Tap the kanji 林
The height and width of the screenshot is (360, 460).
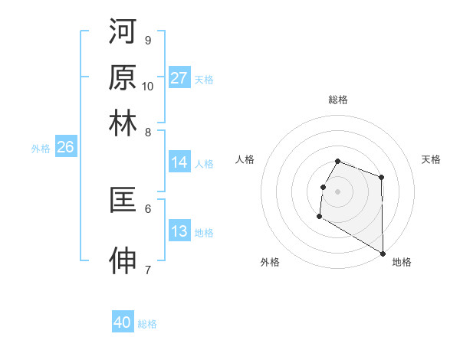[123, 123]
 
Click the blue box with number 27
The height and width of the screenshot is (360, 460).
[179, 78]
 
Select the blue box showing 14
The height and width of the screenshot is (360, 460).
[179, 162]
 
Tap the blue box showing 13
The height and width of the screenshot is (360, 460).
[179, 232]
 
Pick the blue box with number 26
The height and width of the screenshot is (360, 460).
[65, 148]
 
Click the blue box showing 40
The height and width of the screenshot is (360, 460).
[123, 323]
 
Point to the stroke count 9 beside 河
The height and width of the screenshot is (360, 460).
[147, 40]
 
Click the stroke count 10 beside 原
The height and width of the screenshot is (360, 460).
[148, 86]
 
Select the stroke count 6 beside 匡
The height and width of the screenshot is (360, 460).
[147, 208]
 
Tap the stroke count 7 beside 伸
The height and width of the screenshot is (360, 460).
[147, 270]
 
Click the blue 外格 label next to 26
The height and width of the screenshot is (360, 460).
[40, 149]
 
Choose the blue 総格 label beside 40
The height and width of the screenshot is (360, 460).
[147, 324]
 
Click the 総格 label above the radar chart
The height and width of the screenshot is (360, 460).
[338, 100]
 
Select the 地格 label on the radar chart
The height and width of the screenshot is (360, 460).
[402, 262]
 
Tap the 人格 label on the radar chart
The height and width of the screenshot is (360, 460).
[245, 159]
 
